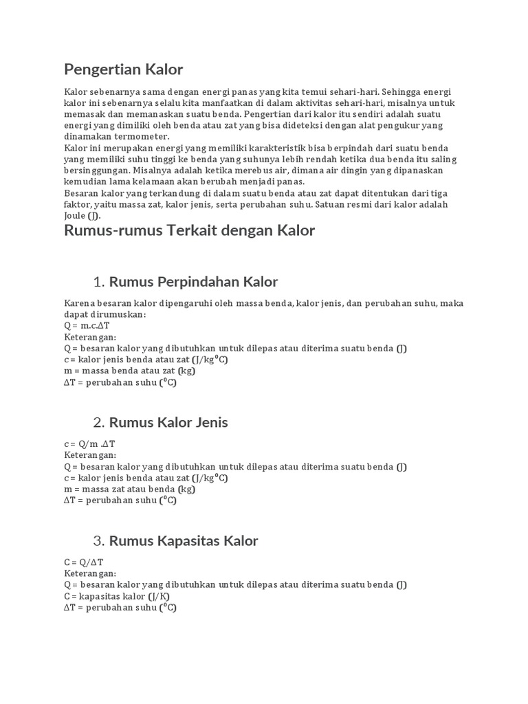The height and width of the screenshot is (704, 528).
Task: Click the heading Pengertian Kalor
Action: pos(124,69)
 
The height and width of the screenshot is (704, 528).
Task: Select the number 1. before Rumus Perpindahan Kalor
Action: pos(98,282)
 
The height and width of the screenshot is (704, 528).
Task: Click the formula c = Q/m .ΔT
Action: pos(89,444)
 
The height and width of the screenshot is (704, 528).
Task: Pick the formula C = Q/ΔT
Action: pos(84,562)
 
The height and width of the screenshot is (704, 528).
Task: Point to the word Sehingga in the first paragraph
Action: pos(402,92)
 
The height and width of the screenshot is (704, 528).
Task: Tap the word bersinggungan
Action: pos(97,170)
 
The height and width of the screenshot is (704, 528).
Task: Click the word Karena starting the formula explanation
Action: pos(80,303)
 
